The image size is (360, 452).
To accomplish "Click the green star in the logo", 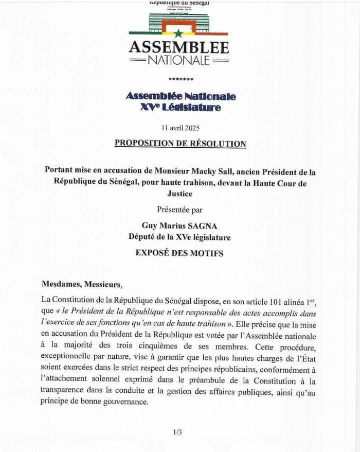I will click(178, 34).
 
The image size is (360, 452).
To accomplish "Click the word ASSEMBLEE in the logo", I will click(178, 47).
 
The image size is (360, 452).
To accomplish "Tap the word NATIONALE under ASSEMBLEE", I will click(178, 61).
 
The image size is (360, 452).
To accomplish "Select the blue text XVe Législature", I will click(181, 108).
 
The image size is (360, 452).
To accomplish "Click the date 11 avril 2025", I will click(181, 128).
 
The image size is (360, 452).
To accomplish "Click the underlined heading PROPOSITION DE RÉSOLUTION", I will click(180, 144).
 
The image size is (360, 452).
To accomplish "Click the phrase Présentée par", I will click(180, 210).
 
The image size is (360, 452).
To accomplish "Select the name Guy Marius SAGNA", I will click(180, 225).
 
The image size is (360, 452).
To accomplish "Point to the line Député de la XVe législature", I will click(180, 237).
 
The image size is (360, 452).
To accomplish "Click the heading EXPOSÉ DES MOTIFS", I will click(179, 253).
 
